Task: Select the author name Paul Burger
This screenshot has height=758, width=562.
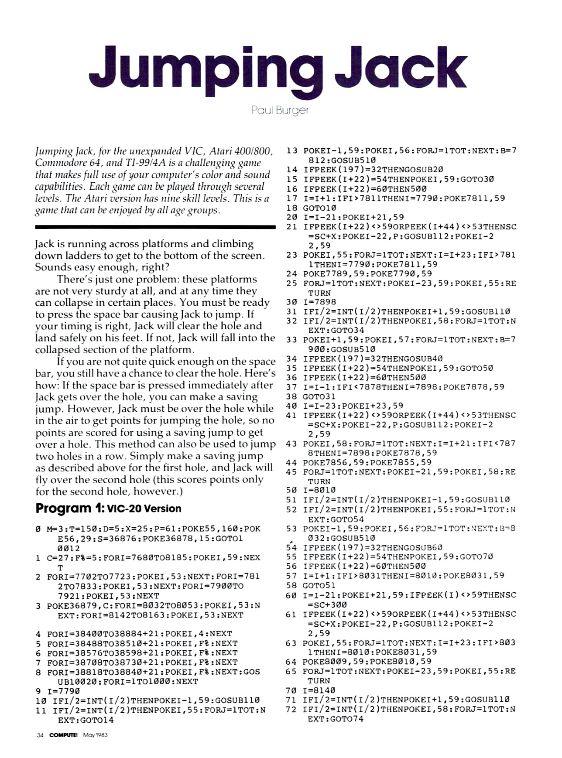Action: point(280,110)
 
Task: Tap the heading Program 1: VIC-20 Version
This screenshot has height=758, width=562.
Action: point(108,509)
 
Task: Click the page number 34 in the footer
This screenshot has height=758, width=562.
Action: point(40,735)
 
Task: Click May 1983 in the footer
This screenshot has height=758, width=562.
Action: point(95,735)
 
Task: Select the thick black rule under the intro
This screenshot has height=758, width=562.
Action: point(155,227)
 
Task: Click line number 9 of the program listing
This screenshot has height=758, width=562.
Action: point(38,691)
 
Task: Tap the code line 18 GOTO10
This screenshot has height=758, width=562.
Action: point(311,208)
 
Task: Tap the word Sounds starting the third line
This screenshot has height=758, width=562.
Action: point(51,267)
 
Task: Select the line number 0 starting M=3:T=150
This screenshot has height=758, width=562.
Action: point(38,529)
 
